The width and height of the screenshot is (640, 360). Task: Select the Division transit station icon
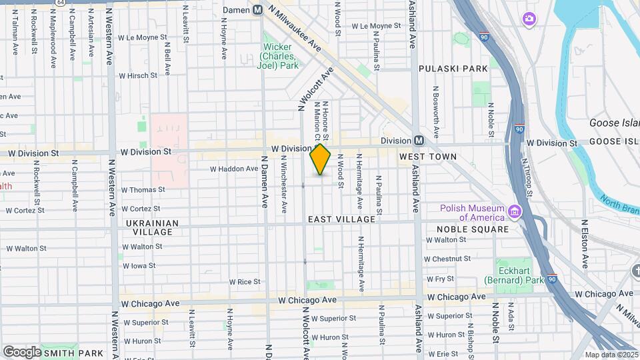[419, 141]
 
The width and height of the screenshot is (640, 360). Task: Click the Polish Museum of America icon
[514, 213]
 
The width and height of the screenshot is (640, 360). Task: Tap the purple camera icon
[529, 19]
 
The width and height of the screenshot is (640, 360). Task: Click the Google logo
[22, 351]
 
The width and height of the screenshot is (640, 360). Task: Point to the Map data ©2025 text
[611, 355]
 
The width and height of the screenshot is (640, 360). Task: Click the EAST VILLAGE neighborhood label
[341, 219]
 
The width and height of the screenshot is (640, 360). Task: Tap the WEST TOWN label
[427, 157]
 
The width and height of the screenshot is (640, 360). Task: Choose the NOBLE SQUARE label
[471, 229]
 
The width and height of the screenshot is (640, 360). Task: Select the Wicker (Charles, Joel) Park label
[278, 57]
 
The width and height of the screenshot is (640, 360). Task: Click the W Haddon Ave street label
[233, 169]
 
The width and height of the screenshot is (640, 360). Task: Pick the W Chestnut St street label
[447, 259]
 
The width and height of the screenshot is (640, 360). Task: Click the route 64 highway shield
[61, 3]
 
